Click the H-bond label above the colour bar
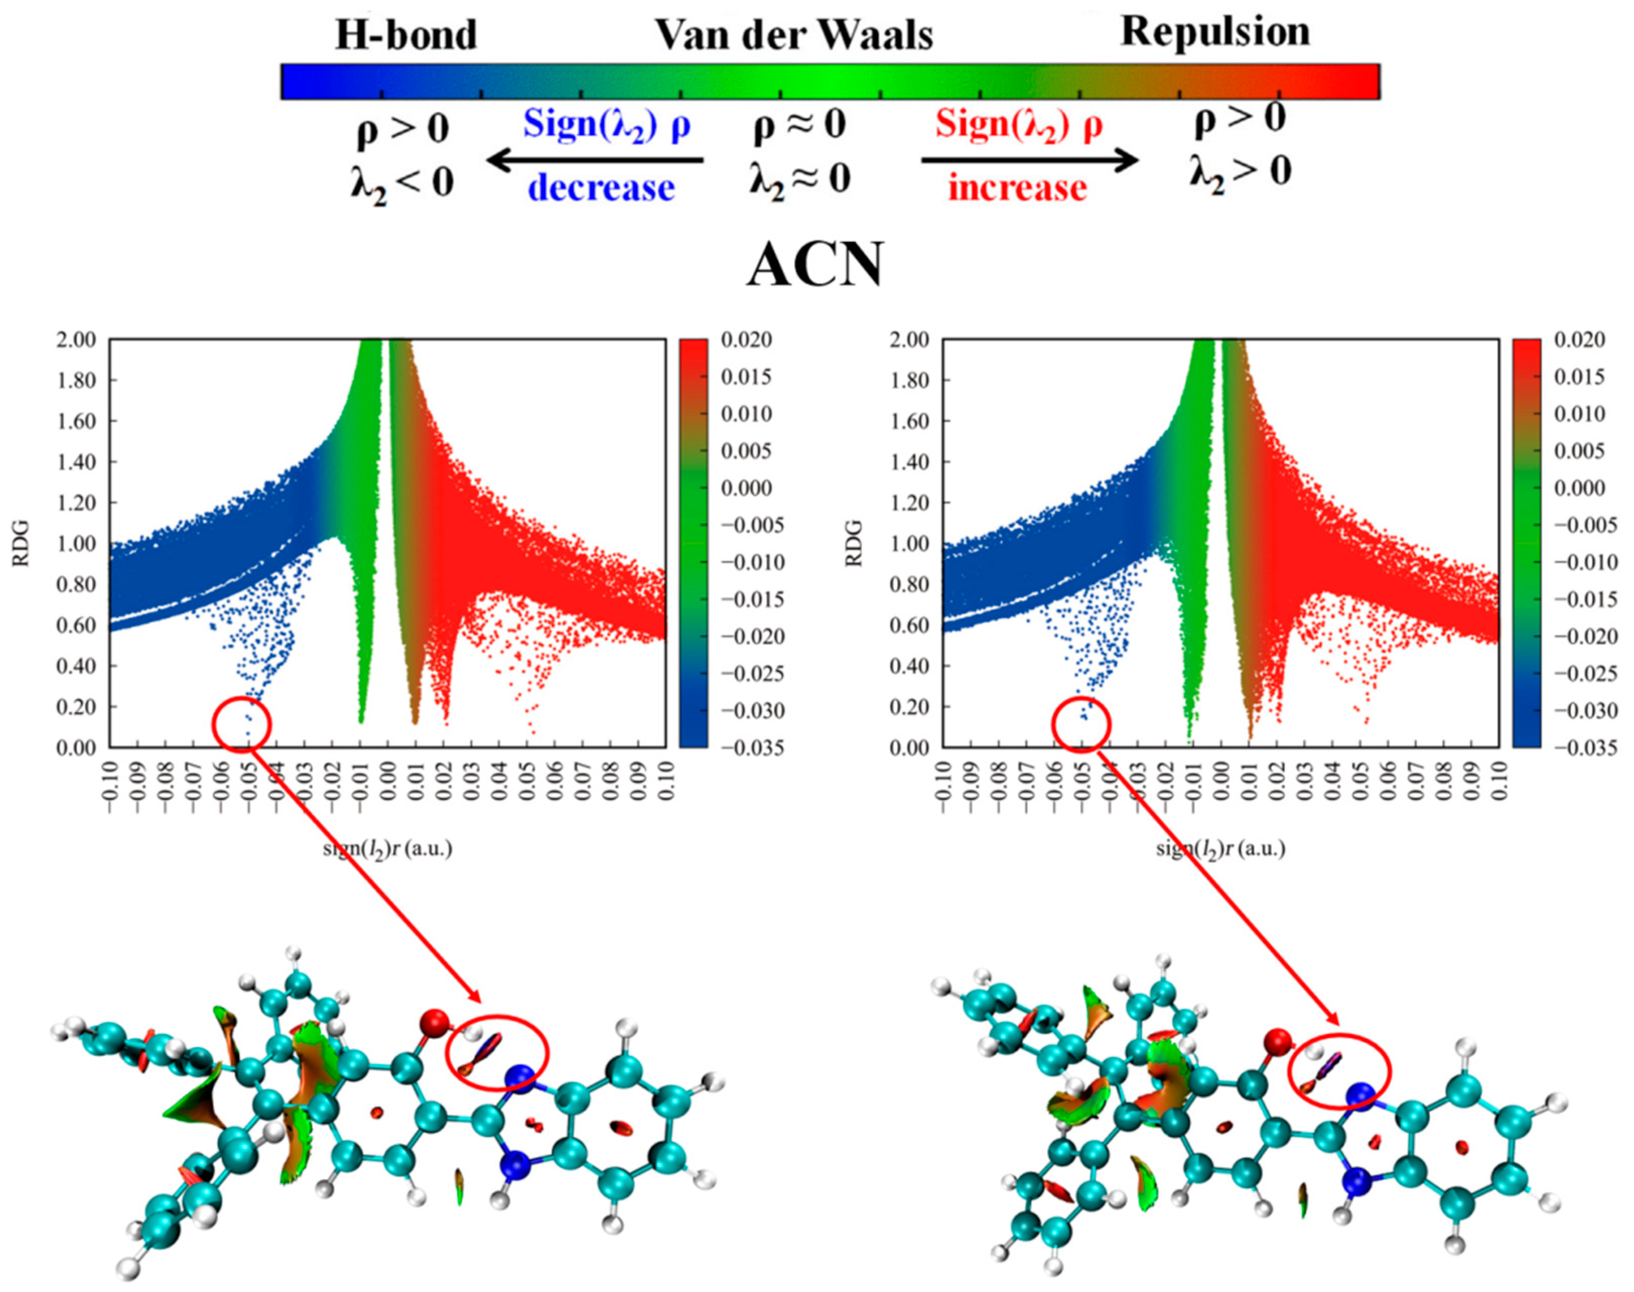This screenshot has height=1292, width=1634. [406, 35]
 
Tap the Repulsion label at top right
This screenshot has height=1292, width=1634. [1215, 32]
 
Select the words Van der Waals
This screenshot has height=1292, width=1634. [794, 35]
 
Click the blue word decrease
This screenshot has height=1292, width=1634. [601, 187]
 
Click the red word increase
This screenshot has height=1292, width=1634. [1018, 187]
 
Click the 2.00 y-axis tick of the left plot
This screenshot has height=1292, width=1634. [77, 340]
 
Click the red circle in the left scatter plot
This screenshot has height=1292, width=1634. [242, 724]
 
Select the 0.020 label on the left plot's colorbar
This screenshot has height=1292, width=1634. [746, 340]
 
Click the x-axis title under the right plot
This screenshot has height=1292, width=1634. [1220, 849]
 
